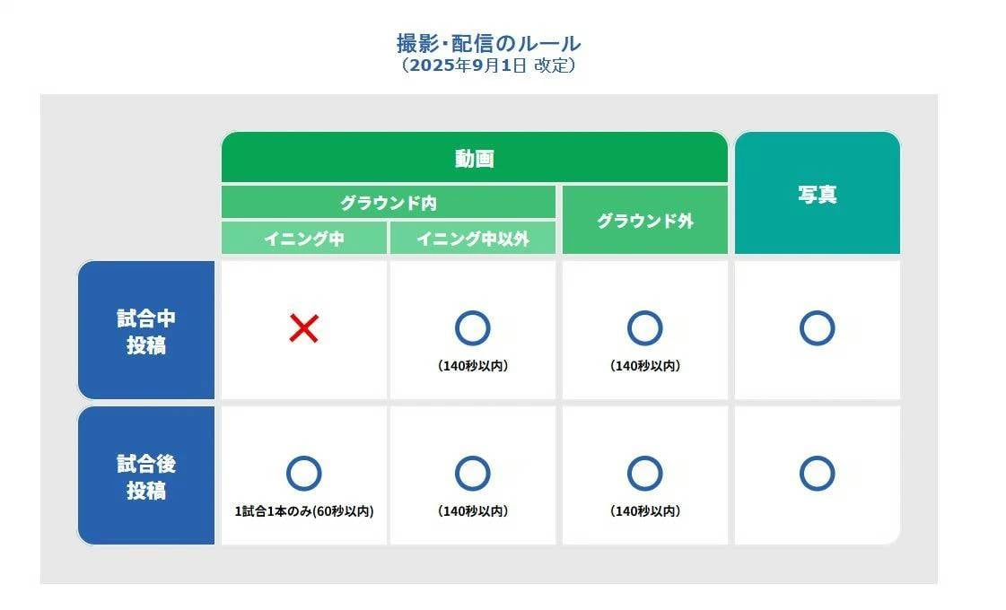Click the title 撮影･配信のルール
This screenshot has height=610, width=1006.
(488, 43)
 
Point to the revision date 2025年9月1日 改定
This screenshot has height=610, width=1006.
(488, 65)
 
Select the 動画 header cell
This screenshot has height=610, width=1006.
(474, 159)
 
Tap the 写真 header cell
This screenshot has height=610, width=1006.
(817, 195)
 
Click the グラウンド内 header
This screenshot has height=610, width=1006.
(388, 203)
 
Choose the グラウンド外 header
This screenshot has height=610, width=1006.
(644, 221)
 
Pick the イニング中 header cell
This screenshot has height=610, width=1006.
(303, 239)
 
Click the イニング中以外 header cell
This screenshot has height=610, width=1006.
(472, 239)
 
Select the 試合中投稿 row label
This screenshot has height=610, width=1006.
(146, 331)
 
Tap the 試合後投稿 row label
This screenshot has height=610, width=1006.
(146, 476)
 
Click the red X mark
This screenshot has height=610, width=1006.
(303, 329)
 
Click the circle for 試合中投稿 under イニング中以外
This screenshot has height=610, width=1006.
(472, 329)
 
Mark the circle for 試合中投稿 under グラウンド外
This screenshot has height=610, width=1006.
(644, 329)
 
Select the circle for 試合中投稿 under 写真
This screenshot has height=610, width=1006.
(817, 329)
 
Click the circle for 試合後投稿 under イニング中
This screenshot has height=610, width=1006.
(303, 474)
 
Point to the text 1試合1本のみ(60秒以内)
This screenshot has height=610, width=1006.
(303, 511)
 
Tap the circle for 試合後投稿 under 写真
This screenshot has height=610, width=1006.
(817, 474)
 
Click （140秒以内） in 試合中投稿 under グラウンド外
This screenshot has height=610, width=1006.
(644, 366)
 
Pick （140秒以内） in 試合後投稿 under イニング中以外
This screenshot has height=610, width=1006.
(472, 511)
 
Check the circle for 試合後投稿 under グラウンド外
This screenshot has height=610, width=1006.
(644, 474)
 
